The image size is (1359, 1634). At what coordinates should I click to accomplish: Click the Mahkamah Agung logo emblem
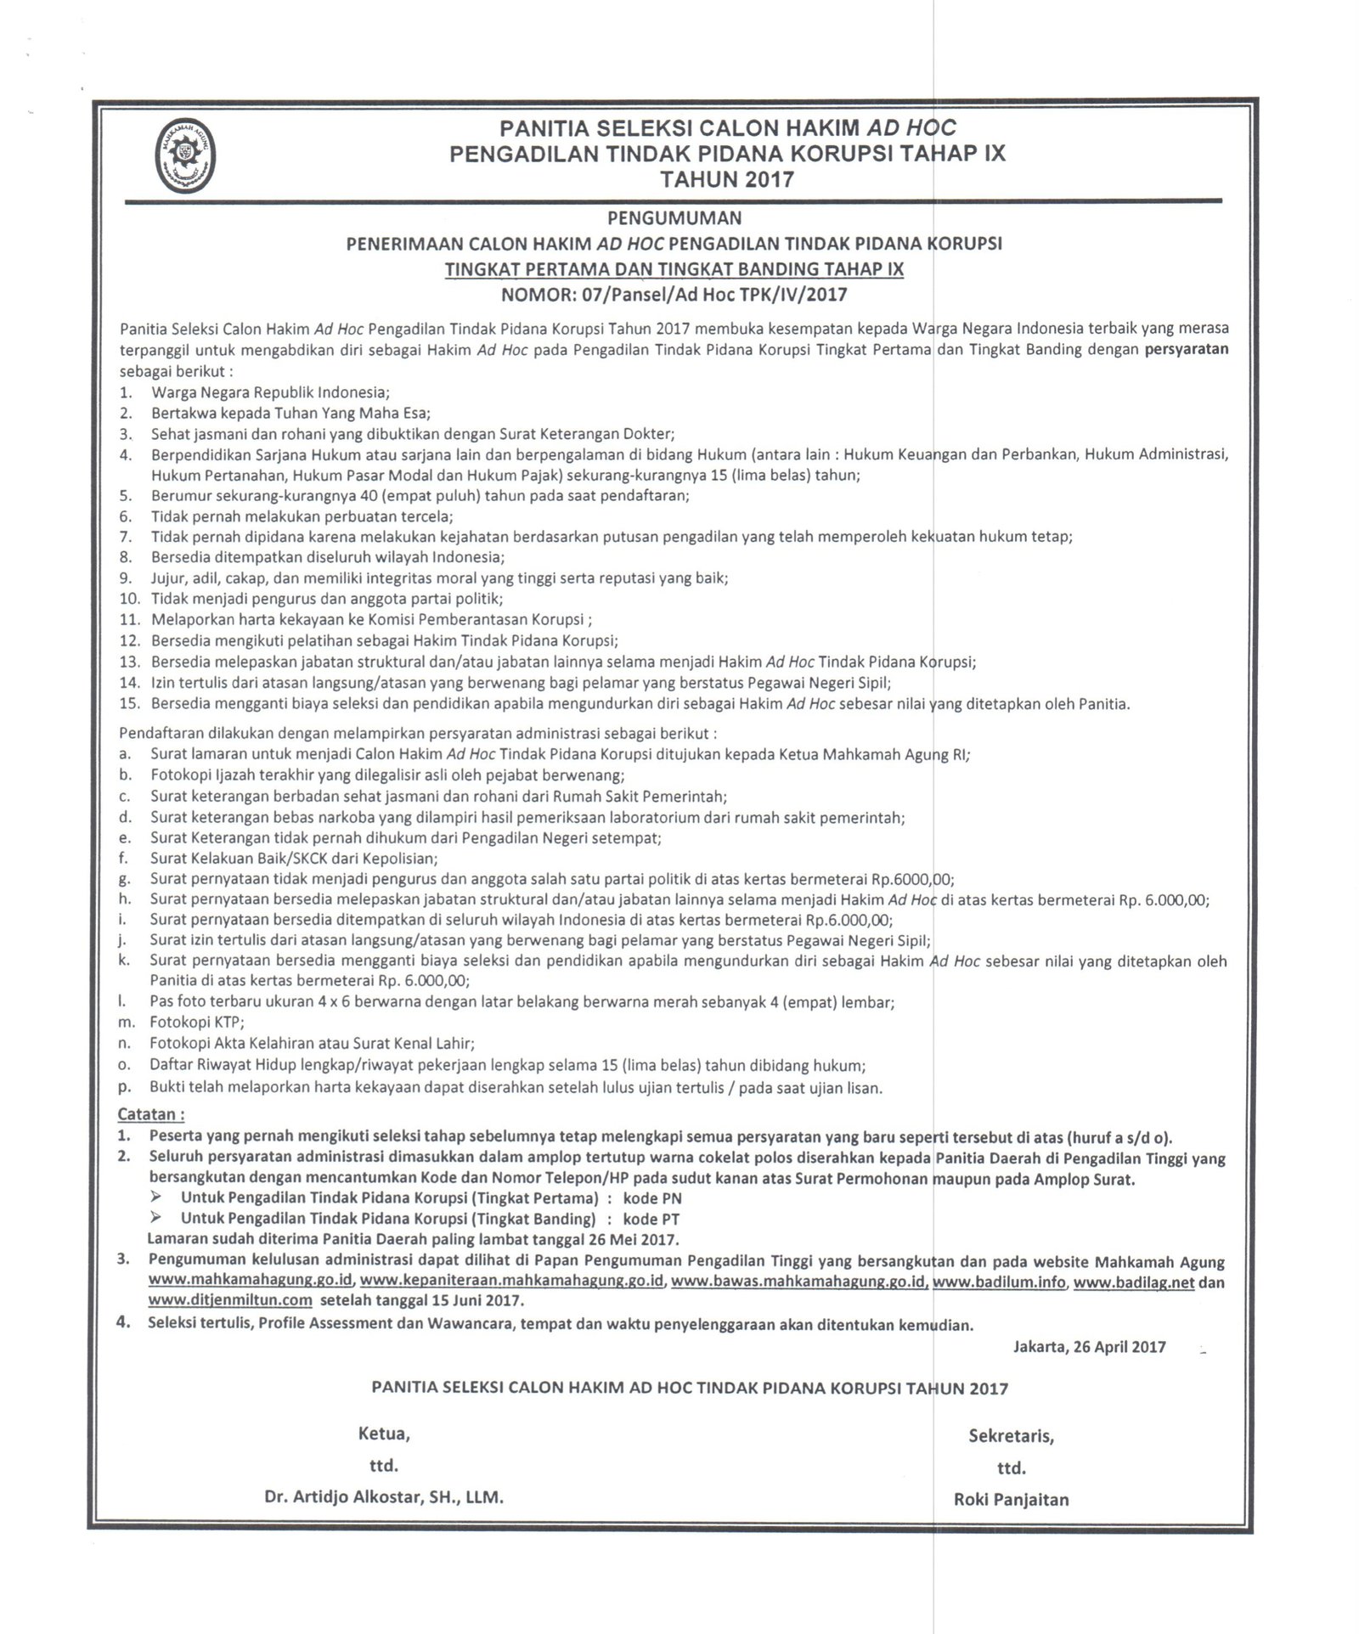click(x=185, y=154)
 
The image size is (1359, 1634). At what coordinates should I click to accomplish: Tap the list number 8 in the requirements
click(x=125, y=558)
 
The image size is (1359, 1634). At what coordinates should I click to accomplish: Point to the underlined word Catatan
click(x=151, y=1113)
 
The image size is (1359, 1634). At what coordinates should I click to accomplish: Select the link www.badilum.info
click(x=999, y=1282)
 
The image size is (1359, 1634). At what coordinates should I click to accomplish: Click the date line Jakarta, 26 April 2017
click(x=1089, y=1346)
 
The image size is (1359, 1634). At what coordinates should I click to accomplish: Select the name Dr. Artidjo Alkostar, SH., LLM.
click(x=384, y=1499)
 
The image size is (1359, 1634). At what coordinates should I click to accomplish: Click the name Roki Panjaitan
click(x=1011, y=1500)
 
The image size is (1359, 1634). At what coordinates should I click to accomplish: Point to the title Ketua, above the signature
click(x=384, y=1435)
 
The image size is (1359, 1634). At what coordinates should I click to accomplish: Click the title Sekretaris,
click(x=1011, y=1436)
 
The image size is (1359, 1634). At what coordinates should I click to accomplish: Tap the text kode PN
click(x=652, y=1198)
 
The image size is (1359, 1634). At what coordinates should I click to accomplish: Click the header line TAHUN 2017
click(x=728, y=179)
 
